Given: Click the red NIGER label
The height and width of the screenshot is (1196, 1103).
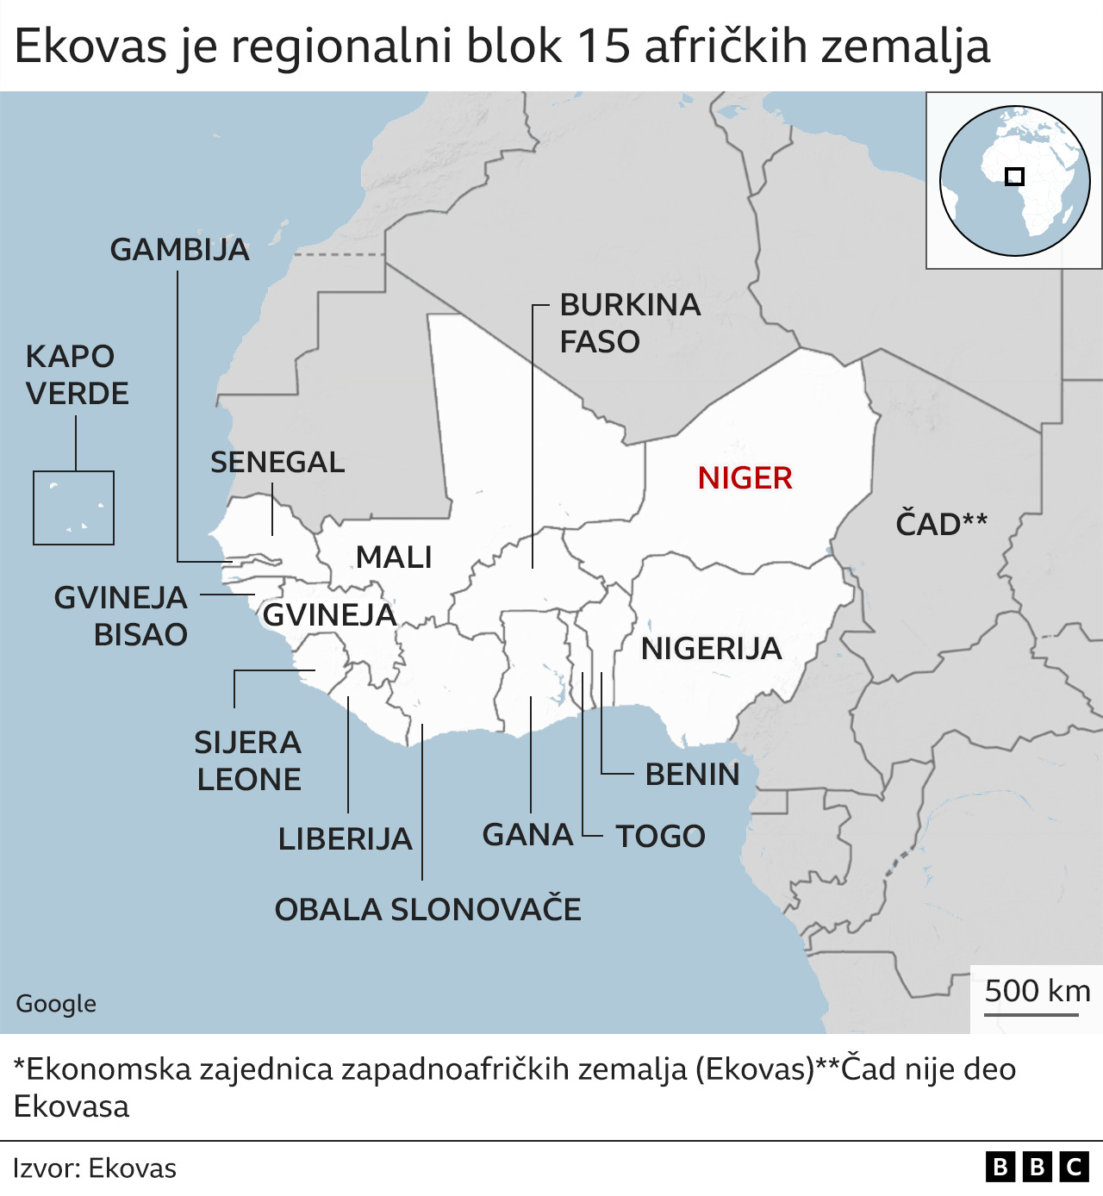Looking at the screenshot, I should click(745, 478).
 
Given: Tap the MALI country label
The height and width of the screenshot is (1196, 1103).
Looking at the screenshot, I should click(394, 558).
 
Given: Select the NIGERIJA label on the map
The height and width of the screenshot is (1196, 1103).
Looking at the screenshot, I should click(711, 648).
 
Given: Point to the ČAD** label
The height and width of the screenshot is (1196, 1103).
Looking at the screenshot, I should click(941, 524).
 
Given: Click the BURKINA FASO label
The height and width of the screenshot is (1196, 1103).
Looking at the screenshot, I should click(630, 323).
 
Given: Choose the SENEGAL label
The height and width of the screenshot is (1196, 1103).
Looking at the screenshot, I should click(277, 463).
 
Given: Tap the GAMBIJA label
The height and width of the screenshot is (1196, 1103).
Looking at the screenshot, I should click(179, 250).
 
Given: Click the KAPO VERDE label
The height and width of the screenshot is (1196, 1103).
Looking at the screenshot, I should click(78, 375).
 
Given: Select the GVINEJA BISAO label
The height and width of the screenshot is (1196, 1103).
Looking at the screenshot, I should click(121, 616).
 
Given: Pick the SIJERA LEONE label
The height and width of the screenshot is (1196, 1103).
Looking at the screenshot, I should click(248, 761).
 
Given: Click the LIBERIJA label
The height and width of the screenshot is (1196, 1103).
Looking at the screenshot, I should click(345, 839).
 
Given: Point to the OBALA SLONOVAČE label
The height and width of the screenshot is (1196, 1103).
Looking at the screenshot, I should click(427, 910).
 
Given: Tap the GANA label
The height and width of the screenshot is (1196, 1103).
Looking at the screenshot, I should click(527, 835).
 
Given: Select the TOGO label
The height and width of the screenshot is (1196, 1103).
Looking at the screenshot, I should click(660, 837).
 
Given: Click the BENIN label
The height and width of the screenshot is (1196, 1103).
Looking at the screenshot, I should click(692, 775).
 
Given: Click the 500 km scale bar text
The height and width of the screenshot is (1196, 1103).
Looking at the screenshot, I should click(1037, 991).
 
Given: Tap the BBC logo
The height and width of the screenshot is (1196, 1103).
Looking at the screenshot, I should click(1037, 1167).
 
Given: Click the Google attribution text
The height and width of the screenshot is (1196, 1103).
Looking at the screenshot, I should click(56, 1004).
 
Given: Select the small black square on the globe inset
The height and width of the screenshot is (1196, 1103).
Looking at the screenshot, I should click(1014, 177).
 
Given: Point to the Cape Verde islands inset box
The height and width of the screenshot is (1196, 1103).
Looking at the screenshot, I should click(73, 508).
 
